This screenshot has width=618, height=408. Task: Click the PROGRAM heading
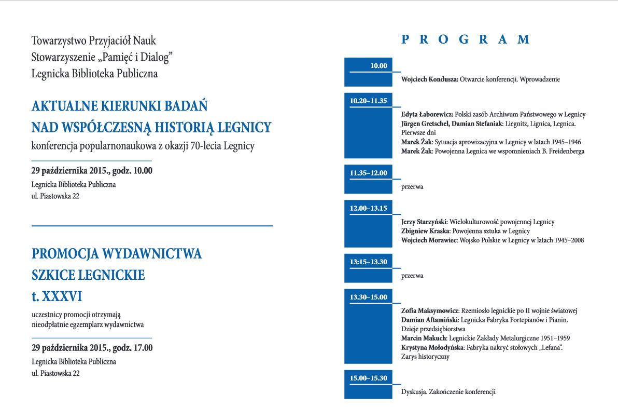(466, 39)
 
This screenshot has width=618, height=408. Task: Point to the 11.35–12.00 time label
(368, 173)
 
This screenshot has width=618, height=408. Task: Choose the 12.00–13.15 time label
(368, 208)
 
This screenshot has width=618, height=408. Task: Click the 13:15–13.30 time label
(368, 262)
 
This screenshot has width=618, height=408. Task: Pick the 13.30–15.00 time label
(368, 297)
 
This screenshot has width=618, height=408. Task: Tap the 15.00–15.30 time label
(368, 378)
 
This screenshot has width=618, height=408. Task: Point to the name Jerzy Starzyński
(425, 222)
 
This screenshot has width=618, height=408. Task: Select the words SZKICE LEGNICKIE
(88, 275)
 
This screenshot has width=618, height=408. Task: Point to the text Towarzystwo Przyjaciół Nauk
(93, 40)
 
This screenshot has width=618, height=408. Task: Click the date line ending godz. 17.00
(92, 348)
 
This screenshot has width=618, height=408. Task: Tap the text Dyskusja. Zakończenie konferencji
(448, 392)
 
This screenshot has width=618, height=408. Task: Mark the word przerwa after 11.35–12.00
(412, 186)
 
